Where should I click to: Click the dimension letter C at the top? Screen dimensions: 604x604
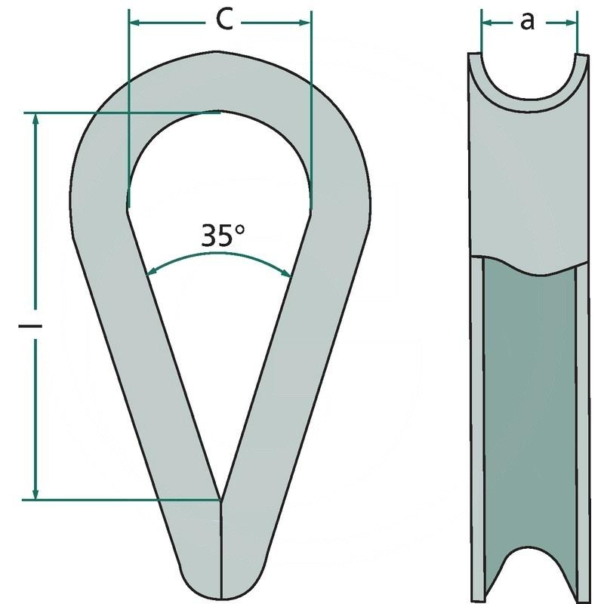[x=223, y=20]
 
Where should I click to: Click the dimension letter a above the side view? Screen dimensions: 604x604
[x=528, y=22]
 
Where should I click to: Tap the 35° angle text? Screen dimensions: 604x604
[x=223, y=236]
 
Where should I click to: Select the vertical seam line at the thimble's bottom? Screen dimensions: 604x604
[x=220, y=551]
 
